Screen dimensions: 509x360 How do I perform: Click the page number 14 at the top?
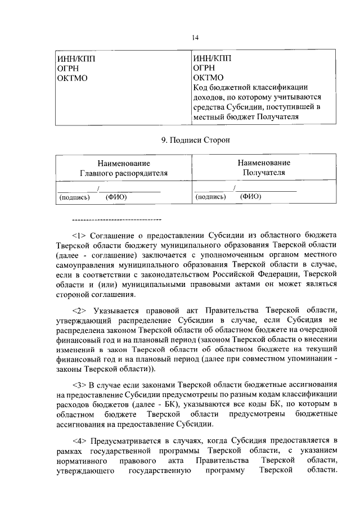pos(195,37)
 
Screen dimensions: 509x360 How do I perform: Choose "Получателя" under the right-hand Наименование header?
pos(264,172)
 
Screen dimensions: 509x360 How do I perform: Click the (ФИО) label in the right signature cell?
pos(250,197)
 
